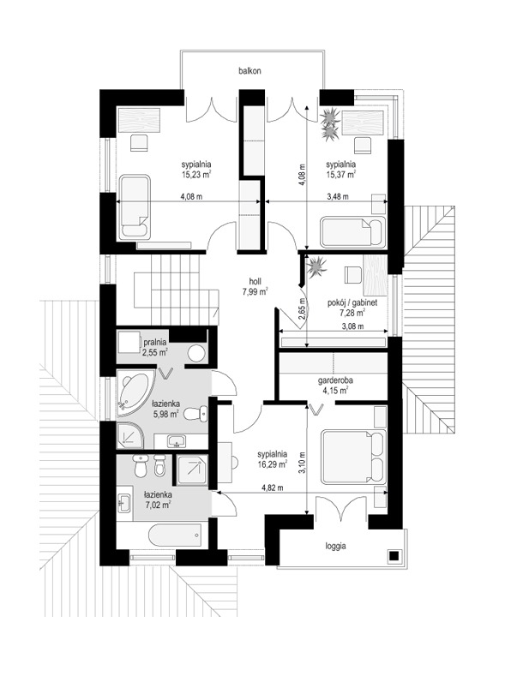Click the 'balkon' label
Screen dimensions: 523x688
coord(249,70)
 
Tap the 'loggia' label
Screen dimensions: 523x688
coord(335,547)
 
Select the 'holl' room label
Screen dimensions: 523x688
coord(255,281)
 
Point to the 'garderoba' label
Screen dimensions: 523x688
coord(335,380)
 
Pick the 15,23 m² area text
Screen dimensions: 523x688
coord(196,175)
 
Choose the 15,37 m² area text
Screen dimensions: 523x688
coord(340,175)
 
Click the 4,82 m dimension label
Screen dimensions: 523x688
coord(273,488)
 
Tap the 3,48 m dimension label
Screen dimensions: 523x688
coord(338,196)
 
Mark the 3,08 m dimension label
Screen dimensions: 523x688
coord(352,326)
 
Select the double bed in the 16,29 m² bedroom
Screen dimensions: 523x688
coord(353,458)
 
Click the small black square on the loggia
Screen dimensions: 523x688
coord(394,555)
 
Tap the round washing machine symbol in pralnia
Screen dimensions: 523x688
coord(196,353)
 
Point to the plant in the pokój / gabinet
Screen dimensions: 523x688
coord(316,266)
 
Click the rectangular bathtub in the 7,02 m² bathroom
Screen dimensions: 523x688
coord(175,535)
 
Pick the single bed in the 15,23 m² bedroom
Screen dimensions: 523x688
coord(135,207)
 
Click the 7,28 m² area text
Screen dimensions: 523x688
coord(352,313)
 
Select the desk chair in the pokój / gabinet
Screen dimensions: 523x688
coord(353,275)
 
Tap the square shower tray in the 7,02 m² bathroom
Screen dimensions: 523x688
coord(191,470)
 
